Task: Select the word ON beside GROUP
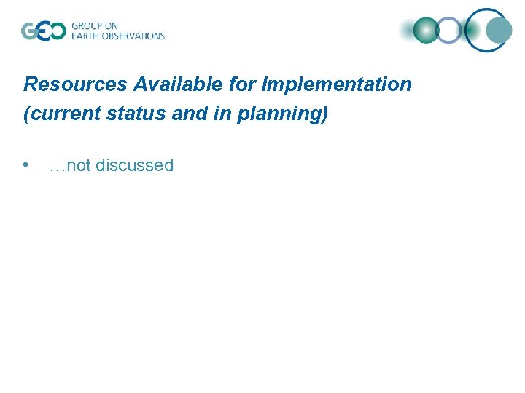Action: tap(112, 26)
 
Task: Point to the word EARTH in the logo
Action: tap(85, 36)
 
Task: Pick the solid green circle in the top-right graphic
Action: tap(427, 31)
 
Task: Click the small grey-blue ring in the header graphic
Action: tap(449, 31)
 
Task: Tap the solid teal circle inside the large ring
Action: tap(499, 31)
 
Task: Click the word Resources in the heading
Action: tap(76, 84)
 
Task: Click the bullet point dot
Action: tap(26, 165)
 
